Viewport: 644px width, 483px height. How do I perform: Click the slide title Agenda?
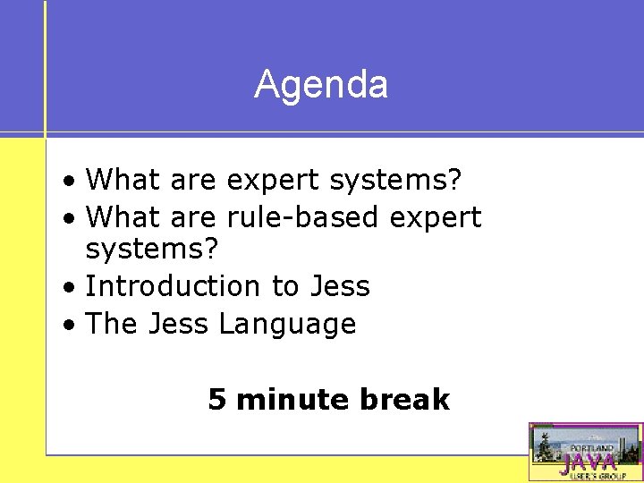[321, 85]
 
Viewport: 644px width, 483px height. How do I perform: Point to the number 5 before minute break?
[216, 399]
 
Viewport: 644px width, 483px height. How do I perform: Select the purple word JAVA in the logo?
[589, 462]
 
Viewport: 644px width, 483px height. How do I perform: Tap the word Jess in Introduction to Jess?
[339, 286]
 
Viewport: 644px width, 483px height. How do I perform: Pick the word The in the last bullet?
[110, 324]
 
